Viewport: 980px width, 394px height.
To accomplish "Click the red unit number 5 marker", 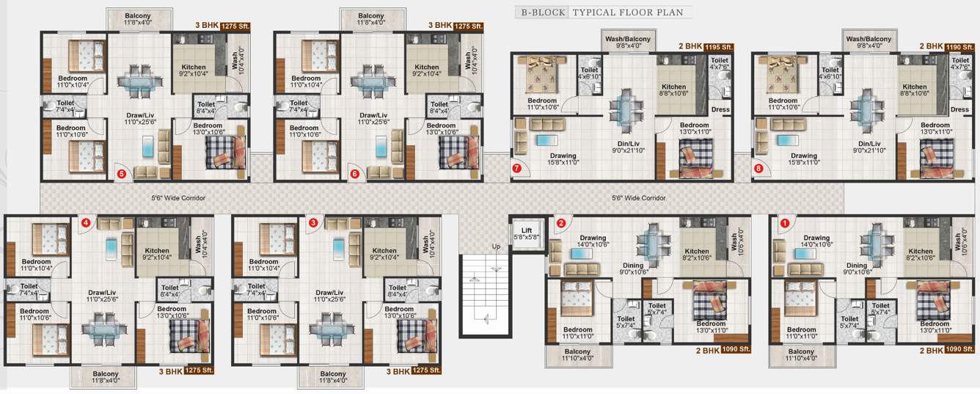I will (x=122, y=174).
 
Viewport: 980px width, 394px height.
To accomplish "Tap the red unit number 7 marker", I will (x=516, y=169).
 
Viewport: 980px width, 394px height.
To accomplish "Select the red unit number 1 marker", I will (x=785, y=224).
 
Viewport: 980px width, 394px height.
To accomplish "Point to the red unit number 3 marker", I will (x=313, y=222).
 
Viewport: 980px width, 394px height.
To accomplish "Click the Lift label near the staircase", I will (x=526, y=230).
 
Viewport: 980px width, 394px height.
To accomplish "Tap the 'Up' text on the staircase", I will (x=496, y=247).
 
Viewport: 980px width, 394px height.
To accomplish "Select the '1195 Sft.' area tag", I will (x=718, y=47).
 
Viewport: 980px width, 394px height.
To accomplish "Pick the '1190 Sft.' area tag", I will (x=959, y=46).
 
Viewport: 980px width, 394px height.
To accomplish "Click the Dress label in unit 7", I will (x=720, y=109).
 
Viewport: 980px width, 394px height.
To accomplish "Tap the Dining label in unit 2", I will (x=633, y=266).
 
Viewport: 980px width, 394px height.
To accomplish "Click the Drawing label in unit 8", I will (x=804, y=156).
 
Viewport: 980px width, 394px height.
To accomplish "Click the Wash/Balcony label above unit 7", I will (x=627, y=39).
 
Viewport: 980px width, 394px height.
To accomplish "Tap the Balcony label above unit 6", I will (x=371, y=16).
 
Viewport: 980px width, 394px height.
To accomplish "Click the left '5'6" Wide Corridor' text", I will (x=178, y=198).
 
